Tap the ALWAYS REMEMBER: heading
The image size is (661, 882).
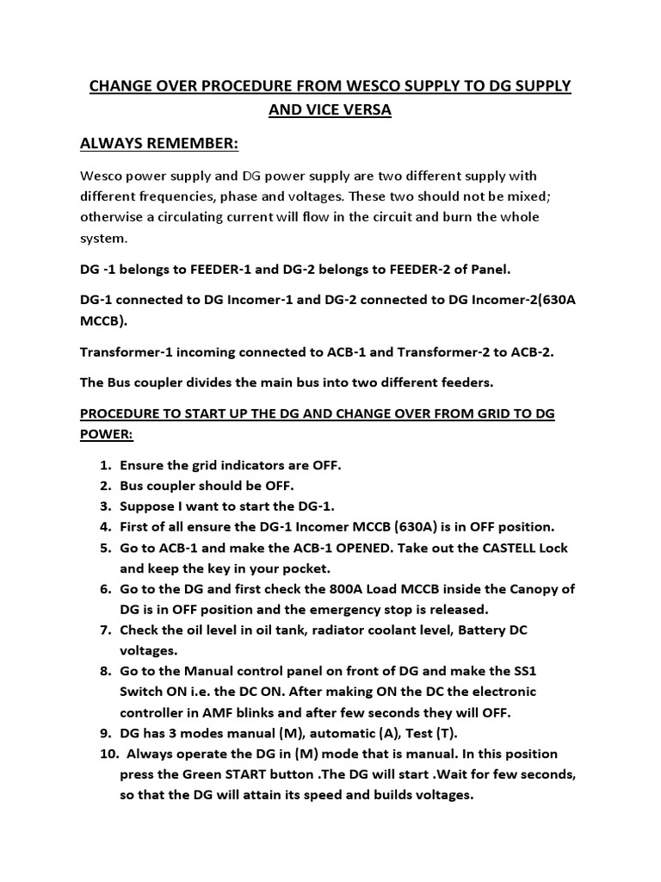(158, 141)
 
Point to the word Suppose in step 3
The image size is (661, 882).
(147, 506)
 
